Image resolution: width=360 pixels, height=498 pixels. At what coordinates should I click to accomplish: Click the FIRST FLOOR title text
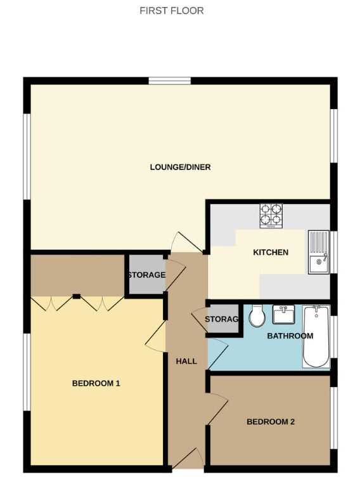tap(172, 11)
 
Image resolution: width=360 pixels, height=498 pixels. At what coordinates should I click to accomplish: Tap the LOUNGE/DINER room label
tap(180, 167)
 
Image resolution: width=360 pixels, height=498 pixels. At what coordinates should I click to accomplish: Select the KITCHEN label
tap(271, 252)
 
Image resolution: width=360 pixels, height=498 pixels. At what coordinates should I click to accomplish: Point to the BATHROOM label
tap(290, 336)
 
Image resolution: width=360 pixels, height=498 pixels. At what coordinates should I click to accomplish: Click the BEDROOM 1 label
tap(96, 383)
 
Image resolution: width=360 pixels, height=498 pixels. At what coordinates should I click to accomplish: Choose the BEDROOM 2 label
tap(271, 422)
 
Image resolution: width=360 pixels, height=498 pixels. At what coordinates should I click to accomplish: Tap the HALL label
tap(186, 361)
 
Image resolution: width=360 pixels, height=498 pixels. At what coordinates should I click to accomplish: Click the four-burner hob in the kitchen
tap(271, 216)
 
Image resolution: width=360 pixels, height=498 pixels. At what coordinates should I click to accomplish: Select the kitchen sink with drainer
tap(319, 252)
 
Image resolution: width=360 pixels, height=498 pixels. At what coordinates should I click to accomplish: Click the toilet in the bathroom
tap(257, 316)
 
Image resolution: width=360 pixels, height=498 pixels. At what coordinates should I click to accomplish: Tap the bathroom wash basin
tap(283, 314)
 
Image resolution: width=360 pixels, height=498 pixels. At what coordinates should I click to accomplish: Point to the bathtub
tap(316, 337)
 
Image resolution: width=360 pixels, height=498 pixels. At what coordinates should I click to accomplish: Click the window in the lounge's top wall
tap(170, 81)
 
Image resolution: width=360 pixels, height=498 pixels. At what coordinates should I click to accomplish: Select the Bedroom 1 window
tap(27, 372)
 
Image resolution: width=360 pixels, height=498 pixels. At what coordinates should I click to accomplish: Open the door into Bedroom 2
tap(217, 409)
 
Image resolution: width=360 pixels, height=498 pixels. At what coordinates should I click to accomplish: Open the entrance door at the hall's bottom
tap(188, 458)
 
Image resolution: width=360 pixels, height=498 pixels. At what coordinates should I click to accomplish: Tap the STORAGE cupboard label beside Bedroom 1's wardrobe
tap(147, 275)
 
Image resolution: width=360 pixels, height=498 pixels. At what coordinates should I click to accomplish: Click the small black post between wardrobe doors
tap(77, 296)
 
